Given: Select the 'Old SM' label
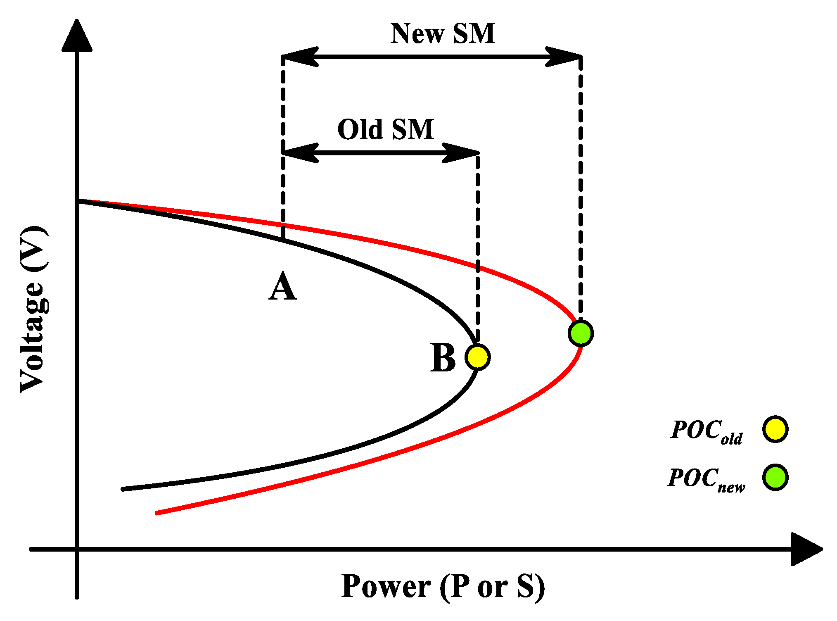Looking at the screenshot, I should [x=386, y=129].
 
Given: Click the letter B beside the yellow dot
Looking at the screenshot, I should [x=443, y=358].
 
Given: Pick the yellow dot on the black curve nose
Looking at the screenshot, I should [x=477, y=357].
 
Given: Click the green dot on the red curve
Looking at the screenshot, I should [x=581, y=333].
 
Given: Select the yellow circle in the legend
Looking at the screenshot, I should [x=775, y=429].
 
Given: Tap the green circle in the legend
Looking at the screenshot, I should [x=775, y=477].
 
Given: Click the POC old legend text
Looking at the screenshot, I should [x=707, y=431].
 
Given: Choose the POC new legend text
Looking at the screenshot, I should [x=707, y=479].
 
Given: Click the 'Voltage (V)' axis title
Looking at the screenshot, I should [x=34, y=309].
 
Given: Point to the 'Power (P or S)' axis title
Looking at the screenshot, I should [x=443, y=587].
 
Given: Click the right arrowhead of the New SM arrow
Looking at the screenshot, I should [x=564, y=57].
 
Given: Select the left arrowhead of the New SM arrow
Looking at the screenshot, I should [x=300, y=57].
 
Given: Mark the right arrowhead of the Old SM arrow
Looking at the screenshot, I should [x=461, y=153].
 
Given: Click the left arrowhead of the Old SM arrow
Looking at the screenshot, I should [x=300, y=153].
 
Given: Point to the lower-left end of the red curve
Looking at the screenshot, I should [x=157, y=513].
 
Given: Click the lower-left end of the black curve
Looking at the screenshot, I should [x=123, y=489].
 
